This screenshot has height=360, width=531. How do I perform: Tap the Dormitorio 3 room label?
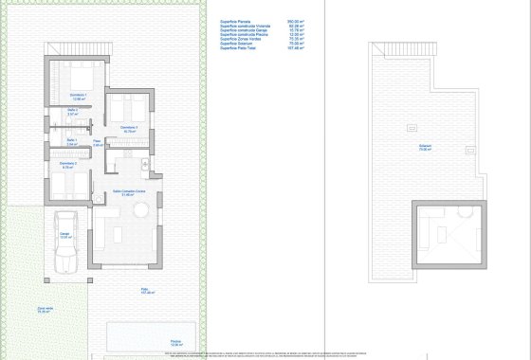(x=129, y=127)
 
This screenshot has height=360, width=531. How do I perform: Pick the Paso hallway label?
(x=97, y=142)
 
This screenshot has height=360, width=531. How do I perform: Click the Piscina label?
(x=175, y=342)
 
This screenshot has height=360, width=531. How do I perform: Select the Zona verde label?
(x=45, y=307)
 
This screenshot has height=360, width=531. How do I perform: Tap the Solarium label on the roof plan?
(x=425, y=146)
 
